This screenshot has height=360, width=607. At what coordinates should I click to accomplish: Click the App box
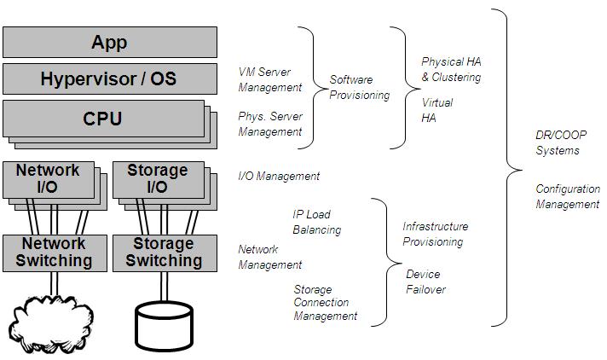point(110,43)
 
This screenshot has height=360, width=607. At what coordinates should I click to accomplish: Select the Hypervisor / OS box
point(110,79)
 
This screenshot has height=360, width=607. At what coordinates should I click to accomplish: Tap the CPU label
point(102,119)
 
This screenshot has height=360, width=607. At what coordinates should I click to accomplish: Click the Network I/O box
point(49,180)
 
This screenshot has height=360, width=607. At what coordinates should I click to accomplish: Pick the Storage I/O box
point(159,180)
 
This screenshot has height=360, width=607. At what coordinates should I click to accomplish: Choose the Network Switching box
point(55,253)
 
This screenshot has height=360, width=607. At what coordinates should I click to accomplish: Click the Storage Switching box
point(165,253)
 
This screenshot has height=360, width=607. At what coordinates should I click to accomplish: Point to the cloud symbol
point(50,324)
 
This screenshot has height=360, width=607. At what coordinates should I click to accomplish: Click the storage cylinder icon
point(165,326)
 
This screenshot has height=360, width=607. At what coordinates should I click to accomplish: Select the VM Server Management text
point(269,79)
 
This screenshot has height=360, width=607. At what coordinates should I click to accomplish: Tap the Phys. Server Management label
point(270,124)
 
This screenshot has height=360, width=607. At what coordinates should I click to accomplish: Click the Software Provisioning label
point(359,88)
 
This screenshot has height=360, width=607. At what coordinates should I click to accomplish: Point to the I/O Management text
point(279,177)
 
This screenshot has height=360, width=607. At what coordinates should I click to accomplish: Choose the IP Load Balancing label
point(316,222)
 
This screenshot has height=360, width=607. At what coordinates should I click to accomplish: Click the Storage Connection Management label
point(325,303)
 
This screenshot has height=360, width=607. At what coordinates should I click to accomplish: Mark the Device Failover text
point(425,282)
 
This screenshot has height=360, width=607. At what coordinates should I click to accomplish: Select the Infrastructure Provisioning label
point(435,234)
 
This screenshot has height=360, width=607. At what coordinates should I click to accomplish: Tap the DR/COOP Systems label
point(561,142)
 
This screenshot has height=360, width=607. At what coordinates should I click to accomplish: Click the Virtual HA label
point(436,110)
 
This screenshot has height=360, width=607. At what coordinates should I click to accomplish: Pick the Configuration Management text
point(568,196)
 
